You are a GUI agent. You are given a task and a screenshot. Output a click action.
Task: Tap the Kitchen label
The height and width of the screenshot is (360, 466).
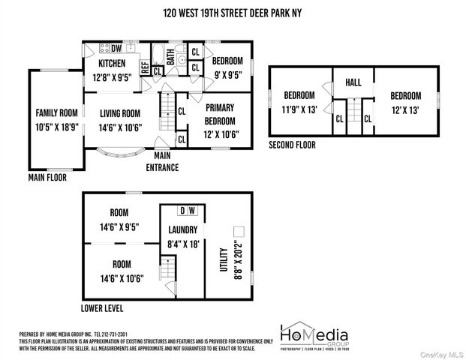click(112, 63)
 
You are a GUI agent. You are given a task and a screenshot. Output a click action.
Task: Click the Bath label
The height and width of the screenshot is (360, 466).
click(171, 56)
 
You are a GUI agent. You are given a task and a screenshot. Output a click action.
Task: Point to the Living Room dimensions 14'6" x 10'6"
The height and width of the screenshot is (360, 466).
click(120, 127)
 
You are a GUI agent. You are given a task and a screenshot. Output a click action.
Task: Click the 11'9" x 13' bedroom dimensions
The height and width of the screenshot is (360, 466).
click(299, 109)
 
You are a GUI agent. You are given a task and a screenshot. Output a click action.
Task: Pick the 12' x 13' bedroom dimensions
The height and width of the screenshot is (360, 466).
click(404, 109)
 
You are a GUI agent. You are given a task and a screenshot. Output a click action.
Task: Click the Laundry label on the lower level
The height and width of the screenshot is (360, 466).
click(183, 230)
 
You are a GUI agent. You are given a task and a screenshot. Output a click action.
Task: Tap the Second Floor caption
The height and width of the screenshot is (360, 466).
click(293, 145)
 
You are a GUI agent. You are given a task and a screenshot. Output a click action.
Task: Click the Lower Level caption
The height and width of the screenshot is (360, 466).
click(102, 308)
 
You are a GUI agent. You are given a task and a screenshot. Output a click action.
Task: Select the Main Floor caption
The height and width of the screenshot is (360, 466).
click(47, 178)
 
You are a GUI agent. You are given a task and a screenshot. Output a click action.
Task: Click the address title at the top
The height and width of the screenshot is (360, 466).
click(233, 13)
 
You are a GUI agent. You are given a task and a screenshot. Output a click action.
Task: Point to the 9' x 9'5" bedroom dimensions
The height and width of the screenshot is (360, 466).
click(227, 74)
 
